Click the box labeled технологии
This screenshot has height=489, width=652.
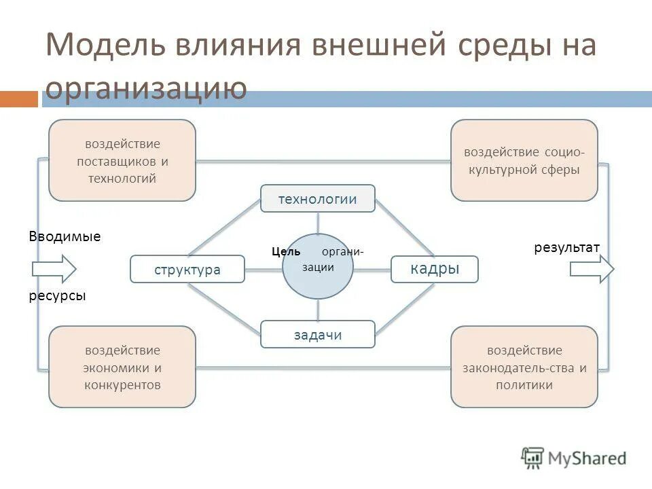[317, 198]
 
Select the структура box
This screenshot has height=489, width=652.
[187, 269]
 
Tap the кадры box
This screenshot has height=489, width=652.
[435, 269]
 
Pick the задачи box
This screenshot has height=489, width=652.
[317, 334]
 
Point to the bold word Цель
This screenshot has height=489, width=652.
[286, 251]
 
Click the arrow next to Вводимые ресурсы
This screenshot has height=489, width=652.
[54, 269]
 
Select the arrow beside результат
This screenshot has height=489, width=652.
[591, 269]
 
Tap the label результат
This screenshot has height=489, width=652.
[566, 248]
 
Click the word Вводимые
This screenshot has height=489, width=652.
[65, 237]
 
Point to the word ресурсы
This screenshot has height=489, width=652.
[57, 296]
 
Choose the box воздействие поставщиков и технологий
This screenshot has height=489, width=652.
[122, 160]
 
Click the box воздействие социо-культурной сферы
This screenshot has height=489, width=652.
[524, 160]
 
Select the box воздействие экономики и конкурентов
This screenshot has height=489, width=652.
[122, 367]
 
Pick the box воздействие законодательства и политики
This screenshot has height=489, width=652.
[524, 367]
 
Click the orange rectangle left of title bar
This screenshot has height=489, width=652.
[18, 99]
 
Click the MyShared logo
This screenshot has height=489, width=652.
[574, 458]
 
